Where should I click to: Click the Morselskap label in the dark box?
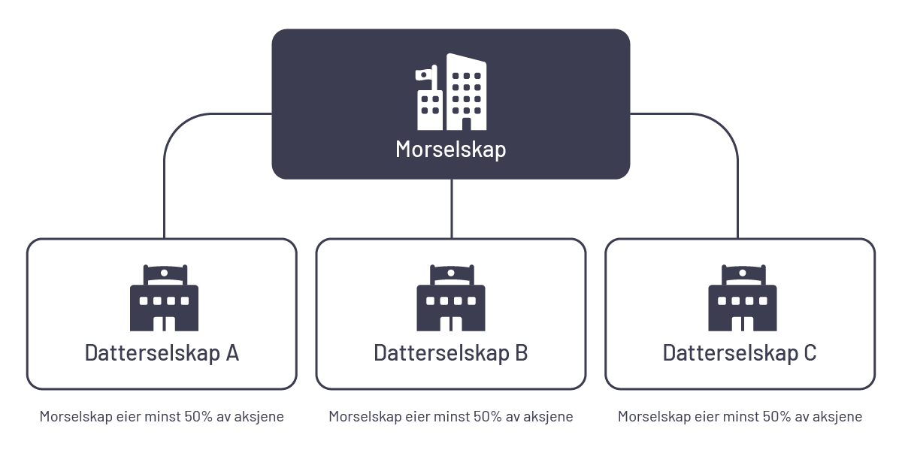450,149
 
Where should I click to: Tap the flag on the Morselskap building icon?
424,74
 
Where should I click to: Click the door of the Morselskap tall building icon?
466,124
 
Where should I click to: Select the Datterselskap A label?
162,353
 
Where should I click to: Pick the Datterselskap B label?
450,353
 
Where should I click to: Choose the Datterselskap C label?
740,353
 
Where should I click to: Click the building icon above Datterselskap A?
165,297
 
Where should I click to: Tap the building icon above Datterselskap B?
451,297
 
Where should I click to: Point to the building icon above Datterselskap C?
743,297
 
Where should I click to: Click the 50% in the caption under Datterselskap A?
198,416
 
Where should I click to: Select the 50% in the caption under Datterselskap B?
488,416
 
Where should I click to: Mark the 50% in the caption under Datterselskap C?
776,416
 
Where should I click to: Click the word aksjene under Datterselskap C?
837,417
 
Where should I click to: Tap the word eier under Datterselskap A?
128,416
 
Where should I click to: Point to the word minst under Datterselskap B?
452,416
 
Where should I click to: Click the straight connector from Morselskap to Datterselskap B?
452,209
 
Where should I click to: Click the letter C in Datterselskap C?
810,353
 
